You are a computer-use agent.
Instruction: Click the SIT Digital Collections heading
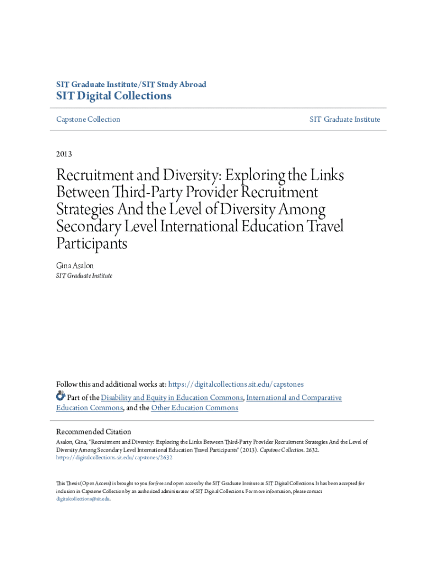click(114, 96)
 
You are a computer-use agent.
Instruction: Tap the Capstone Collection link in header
click(88, 120)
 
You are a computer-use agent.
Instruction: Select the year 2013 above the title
click(64, 154)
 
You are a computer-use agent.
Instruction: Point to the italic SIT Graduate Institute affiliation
click(84, 275)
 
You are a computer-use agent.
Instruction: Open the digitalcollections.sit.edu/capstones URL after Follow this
click(236, 384)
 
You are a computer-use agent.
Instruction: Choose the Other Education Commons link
click(194, 408)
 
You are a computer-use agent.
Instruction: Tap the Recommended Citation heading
click(94, 432)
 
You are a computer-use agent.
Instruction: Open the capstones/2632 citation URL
click(115, 457)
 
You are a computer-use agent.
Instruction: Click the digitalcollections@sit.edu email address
click(83, 498)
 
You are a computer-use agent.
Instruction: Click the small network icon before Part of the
click(61, 397)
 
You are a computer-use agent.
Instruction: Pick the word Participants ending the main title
click(92, 243)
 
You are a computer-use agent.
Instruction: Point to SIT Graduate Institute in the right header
click(345, 120)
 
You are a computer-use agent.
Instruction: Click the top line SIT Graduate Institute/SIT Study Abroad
click(131, 84)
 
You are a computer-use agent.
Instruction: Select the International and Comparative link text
click(294, 398)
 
